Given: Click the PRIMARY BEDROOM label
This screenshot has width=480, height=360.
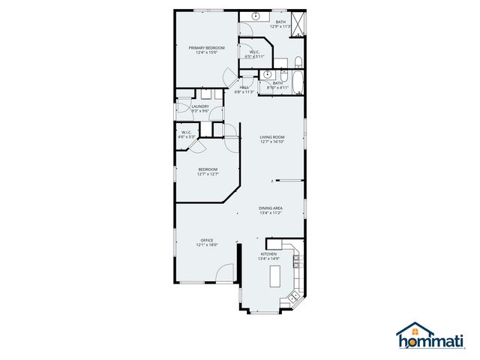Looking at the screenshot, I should click(x=206, y=47).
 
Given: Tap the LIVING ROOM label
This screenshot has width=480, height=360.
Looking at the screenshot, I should click(x=272, y=136).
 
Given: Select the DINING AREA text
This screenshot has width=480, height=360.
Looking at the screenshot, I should click(x=271, y=208).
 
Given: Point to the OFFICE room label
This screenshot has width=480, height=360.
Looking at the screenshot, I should click(x=207, y=240).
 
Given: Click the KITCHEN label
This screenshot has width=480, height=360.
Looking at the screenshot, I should click(x=268, y=254).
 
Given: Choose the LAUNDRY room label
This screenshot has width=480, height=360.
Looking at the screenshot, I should click(x=200, y=106).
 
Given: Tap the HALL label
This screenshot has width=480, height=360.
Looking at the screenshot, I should click(x=244, y=88).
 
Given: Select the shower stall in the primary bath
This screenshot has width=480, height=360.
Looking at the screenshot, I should click(x=298, y=24).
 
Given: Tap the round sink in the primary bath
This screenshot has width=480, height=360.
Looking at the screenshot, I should click(x=254, y=16).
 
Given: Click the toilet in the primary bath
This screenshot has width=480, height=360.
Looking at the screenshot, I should click(x=297, y=61).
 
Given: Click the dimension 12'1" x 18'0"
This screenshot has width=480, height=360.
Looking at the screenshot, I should click(x=207, y=245).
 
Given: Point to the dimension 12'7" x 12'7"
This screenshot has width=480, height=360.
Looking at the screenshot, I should click(x=208, y=175).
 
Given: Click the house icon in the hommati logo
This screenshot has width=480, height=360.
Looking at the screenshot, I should click(x=415, y=331).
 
